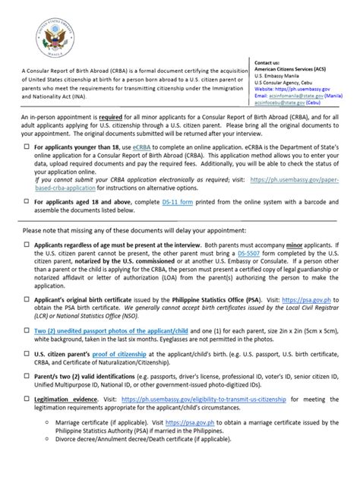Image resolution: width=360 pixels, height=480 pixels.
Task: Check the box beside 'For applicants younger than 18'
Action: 28,165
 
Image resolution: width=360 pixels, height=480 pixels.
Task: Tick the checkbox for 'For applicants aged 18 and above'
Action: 28,223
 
